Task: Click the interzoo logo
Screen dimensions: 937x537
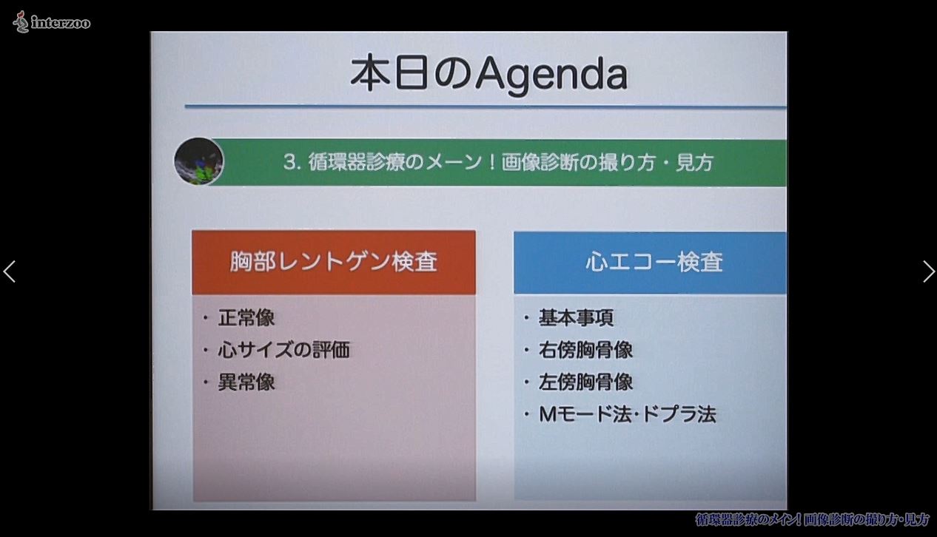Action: point(52,21)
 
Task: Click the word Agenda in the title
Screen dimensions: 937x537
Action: point(551,75)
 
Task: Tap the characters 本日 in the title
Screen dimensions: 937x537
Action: point(389,72)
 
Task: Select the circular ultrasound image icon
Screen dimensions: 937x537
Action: point(199,161)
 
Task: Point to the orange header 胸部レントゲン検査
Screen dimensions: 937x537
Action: point(333,262)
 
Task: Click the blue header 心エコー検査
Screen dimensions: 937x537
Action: point(650,263)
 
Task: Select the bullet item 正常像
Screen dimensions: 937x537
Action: point(246,317)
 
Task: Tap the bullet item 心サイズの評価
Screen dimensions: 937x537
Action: point(283,350)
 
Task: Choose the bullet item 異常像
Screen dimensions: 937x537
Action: point(246,382)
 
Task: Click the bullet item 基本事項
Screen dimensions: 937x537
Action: point(576,317)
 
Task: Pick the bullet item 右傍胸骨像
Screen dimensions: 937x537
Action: point(585,350)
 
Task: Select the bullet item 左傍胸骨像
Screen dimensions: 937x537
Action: point(585,382)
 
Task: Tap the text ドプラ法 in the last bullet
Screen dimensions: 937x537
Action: point(679,414)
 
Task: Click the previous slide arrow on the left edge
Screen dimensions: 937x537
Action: point(9,271)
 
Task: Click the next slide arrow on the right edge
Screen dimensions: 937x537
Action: point(929,271)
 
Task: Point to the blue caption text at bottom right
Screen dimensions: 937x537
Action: point(811,519)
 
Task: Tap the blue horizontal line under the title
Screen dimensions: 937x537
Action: point(486,107)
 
